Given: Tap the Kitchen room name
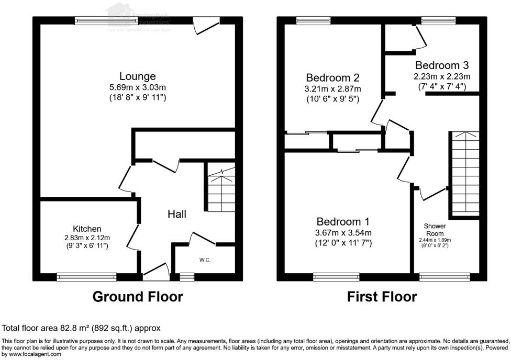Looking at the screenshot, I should click(x=87, y=229).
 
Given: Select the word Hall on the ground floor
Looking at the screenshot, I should click(x=177, y=213).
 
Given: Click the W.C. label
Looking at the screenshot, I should click(x=205, y=260).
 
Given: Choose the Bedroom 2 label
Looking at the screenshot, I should click(x=332, y=78).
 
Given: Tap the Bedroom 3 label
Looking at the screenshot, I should click(x=442, y=65).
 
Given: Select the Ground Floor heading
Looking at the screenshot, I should click(x=138, y=297).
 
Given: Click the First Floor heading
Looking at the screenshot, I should click(x=382, y=297).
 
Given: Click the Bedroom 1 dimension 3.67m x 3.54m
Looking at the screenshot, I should click(x=343, y=232).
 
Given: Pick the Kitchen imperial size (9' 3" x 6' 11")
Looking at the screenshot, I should click(x=87, y=245).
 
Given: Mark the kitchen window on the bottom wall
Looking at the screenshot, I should click(x=87, y=276).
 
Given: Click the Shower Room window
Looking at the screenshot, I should click(x=445, y=276).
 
